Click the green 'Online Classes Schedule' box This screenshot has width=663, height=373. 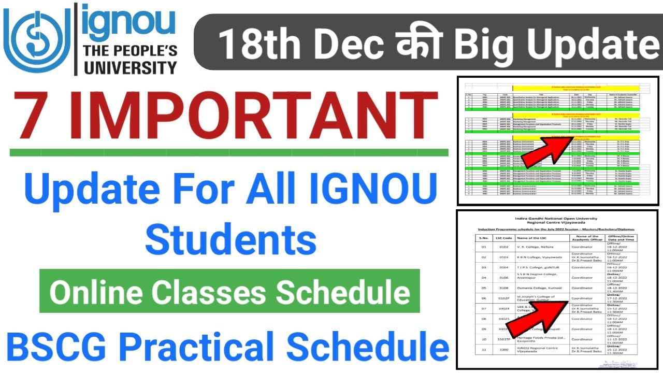[229, 293]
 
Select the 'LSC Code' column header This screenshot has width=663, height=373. [508, 238]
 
